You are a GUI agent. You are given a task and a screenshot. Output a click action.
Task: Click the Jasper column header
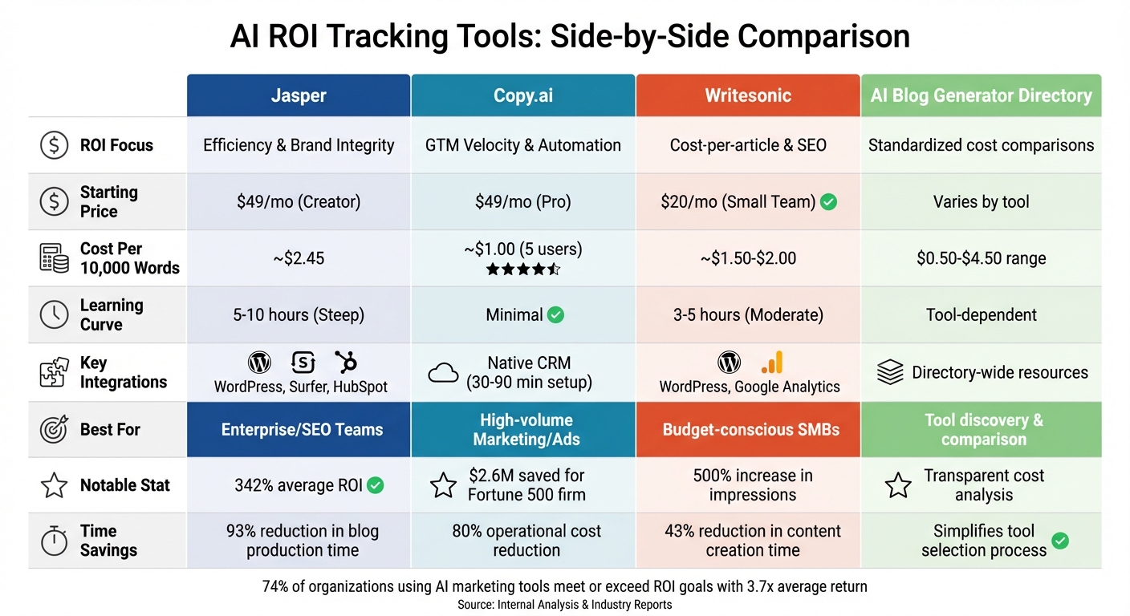[x=299, y=95]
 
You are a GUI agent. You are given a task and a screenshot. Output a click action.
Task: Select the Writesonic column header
[x=748, y=95]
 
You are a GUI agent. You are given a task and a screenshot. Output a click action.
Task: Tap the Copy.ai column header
[x=523, y=95]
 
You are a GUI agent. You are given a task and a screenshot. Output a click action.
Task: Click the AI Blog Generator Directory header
[x=981, y=95]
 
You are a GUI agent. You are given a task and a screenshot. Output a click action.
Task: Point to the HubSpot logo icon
[x=346, y=363]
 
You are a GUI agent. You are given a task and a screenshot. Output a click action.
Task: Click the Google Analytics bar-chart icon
[x=772, y=363]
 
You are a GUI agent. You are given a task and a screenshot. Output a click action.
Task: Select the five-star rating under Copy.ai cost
[x=523, y=269]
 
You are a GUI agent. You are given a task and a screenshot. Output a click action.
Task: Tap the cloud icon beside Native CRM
[x=443, y=373]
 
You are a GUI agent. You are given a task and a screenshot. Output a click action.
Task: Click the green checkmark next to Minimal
[x=555, y=315]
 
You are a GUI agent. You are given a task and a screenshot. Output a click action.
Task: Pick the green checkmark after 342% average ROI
[x=375, y=485]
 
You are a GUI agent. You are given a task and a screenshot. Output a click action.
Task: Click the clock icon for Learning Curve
[x=54, y=315]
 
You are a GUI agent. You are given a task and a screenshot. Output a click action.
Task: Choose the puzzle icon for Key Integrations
[x=54, y=373]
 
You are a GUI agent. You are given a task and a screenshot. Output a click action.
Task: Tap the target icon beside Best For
[x=54, y=430]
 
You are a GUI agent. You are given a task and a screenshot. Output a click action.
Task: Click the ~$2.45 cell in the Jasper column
[x=299, y=258]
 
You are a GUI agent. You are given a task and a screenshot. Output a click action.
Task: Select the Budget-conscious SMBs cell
[x=750, y=430]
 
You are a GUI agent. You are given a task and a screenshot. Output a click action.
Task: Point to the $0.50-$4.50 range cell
[x=981, y=258]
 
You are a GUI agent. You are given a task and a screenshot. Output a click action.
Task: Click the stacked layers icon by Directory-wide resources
[x=890, y=373]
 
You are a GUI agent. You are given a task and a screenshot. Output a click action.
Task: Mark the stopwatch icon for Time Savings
[x=54, y=541]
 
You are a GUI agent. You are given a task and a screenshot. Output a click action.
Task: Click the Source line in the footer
[x=564, y=605]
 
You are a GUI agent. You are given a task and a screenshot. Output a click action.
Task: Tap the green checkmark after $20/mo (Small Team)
[x=828, y=202]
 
